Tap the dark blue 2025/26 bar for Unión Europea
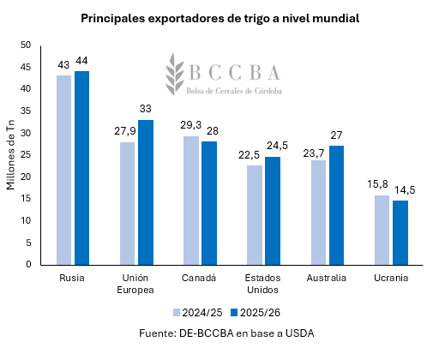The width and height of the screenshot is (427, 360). tap(147, 192)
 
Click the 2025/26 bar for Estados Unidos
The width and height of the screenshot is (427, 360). tap(273, 210)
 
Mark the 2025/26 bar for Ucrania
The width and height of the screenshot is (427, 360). tap(400, 232)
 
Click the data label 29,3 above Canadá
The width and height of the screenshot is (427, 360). tap(190, 124)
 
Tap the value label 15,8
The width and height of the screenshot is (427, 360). tap(381, 183)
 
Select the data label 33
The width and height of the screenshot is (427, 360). tap(147, 108)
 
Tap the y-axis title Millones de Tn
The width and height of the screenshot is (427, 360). tap(10, 154)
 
